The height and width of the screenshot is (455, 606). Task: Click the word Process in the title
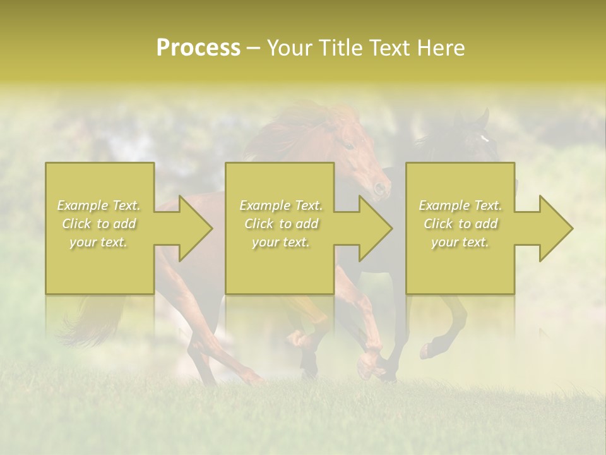(198, 48)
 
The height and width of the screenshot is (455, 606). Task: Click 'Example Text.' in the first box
(99, 205)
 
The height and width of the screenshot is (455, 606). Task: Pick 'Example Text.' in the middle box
(281, 205)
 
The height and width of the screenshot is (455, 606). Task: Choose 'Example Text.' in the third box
(460, 205)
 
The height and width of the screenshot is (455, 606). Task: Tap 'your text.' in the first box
(99, 242)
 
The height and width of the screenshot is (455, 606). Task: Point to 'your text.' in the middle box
(281, 242)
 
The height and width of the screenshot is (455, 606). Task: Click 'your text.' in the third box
(460, 242)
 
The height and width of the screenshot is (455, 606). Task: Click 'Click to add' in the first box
(99, 224)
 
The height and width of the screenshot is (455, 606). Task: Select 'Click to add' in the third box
(460, 224)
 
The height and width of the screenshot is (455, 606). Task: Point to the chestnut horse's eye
(348, 145)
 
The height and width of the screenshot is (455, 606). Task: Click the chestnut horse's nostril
(379, 187)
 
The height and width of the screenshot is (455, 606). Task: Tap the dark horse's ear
(484, 117)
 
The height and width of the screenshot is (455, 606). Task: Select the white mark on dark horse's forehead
(484, 137)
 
